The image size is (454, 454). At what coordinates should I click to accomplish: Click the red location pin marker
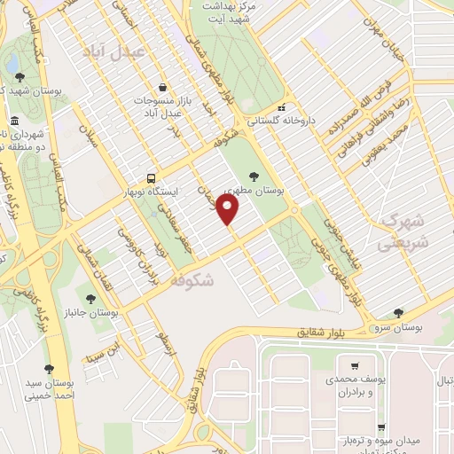[229, 210]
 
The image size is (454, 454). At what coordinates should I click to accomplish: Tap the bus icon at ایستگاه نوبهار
[152, 176]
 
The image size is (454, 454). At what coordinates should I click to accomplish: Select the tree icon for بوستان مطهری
[254, 176]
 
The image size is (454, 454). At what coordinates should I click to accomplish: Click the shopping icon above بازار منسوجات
[162, 88]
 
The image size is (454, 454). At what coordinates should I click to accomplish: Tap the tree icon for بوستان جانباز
[90, 299]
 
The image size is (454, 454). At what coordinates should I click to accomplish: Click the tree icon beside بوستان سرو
[398, 314]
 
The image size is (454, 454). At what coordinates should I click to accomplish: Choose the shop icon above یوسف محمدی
[355, 365]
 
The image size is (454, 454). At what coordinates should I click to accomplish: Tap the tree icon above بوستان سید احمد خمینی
[49, 369]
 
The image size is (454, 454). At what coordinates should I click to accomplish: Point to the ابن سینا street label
[101, 351]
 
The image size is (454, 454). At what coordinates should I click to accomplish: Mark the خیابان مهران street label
[387, 39]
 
